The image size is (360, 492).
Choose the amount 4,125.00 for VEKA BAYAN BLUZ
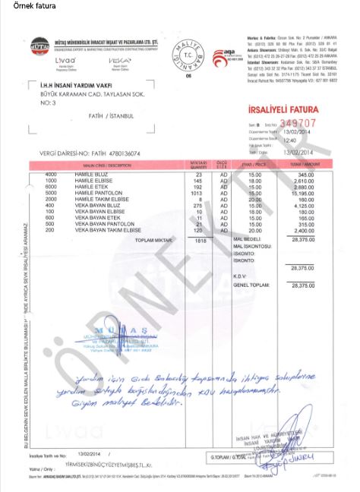pos(303,205)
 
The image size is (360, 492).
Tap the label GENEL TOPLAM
pos(252,285)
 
